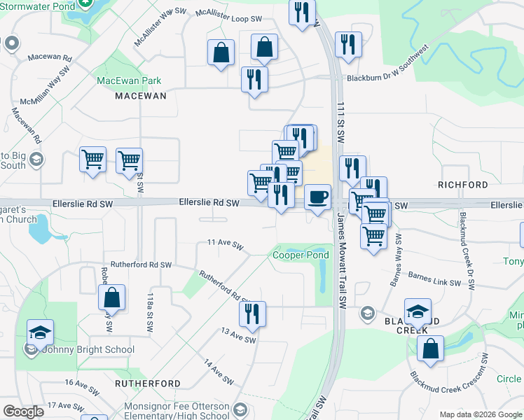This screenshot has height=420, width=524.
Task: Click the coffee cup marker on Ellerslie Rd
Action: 317,197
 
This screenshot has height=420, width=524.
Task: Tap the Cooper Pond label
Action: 300,255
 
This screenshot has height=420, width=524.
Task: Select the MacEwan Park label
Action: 129,80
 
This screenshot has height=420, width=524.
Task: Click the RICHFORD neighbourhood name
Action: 462,185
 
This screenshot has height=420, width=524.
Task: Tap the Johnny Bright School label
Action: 76,349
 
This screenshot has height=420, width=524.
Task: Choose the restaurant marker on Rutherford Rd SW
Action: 253,314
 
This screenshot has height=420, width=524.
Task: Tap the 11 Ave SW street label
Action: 225,245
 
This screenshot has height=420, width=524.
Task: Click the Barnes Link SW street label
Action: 435,280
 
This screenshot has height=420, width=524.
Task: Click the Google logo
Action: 22,411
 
